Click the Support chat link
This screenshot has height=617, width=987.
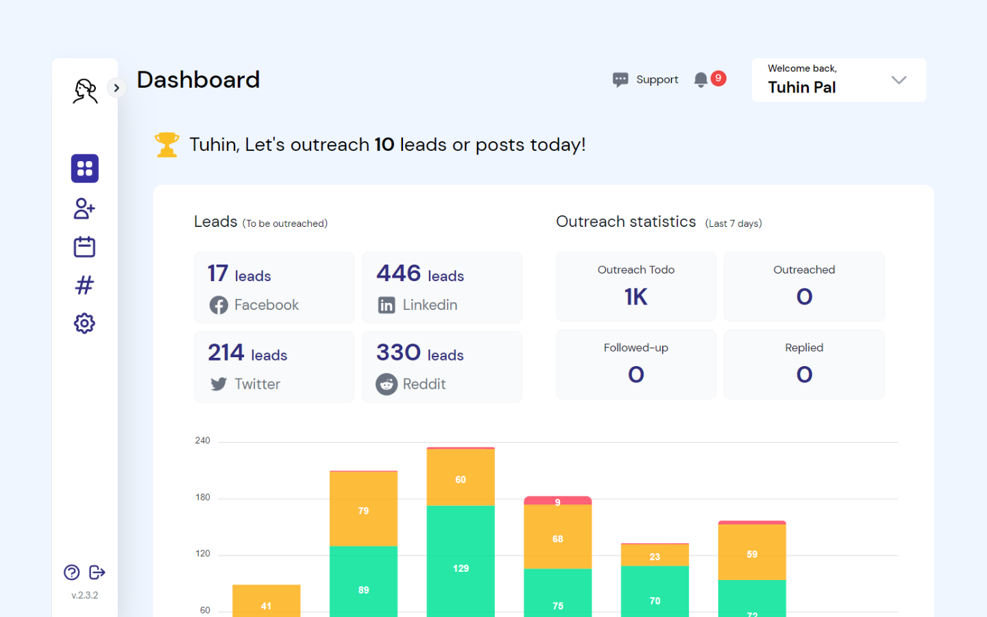coord(646,80)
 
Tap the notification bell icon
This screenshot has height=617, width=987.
coord(700,80)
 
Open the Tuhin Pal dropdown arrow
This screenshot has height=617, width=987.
coord(899,80)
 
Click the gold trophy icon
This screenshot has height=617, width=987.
coord(167,145)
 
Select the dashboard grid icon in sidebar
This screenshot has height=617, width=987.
coord(85,169)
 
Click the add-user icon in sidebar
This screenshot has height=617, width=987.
coord(84,208)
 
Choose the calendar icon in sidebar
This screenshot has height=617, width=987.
coord(84,247)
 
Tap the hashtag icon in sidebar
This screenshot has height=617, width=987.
coord(84,285)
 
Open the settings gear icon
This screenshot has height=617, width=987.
coord(84,324)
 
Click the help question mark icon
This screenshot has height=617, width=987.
coord(72,572)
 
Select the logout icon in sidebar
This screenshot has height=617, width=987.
coord(97,572)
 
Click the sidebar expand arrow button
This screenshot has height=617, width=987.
coord(117,88)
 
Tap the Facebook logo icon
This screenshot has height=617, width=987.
coord(219,305)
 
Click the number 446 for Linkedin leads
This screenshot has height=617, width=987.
coord(398,274)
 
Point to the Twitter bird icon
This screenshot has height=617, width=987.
coord(219,384)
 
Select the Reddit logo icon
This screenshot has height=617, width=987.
coord(387,384)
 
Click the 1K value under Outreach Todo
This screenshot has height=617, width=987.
coord(635,297)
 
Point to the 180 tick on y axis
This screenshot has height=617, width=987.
coord(203,498)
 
